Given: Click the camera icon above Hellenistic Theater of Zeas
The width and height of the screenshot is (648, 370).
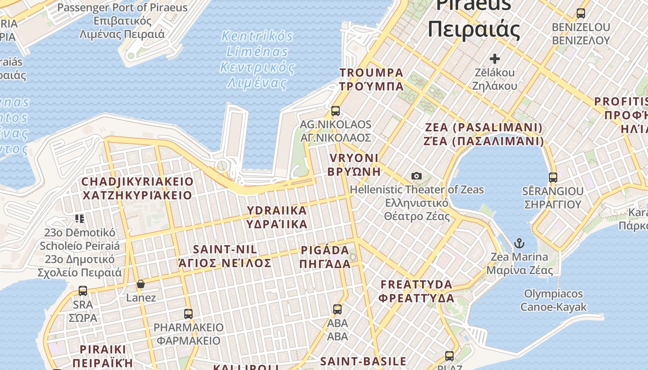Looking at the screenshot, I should (417, 176).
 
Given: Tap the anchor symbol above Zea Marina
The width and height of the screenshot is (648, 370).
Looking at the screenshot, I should (519, 243).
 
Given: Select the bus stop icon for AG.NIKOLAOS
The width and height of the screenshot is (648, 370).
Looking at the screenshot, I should (336, 111).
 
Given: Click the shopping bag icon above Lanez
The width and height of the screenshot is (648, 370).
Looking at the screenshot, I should (141, 284).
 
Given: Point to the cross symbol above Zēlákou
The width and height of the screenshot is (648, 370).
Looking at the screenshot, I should (495, 59).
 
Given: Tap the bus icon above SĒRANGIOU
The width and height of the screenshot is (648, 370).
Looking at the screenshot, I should (553, 177).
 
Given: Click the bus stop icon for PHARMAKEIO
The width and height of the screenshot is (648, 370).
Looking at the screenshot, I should (188, 314).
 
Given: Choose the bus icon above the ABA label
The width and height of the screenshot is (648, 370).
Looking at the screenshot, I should (337, 309).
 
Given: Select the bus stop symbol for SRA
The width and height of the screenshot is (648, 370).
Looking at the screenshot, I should (83, 290).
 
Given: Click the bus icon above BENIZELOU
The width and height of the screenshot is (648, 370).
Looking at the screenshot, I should (580, 13).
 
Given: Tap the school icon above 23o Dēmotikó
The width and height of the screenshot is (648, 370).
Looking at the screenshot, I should (80, 218).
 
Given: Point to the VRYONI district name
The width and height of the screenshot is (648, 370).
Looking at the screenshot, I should (354, 165).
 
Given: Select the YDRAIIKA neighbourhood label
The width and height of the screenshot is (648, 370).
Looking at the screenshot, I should (277, 217).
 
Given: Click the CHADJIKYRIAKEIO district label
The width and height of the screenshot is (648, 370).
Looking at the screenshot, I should (137, 188).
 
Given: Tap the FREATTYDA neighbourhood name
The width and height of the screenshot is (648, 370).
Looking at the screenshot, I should (416, 291).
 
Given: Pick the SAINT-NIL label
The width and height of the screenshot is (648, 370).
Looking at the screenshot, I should (225, 256).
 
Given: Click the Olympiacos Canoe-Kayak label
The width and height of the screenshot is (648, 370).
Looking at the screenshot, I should (554, 300).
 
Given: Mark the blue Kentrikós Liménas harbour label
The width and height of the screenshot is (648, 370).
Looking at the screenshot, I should (257, 59).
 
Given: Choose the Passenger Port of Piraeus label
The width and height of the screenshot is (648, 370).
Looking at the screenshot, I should (122, 21).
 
